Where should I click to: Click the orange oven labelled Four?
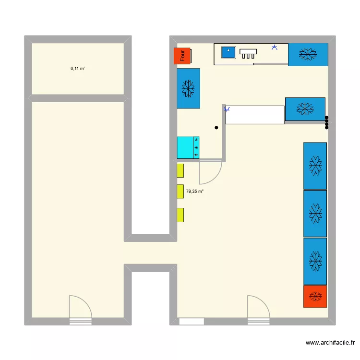click(x=182, y=56)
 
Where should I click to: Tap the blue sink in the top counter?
click(x=228, y=52)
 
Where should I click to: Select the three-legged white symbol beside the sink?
click(x=248, y=53)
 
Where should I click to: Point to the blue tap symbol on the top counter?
click(x=274, y=47)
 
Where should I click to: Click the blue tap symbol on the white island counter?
click(x=227, y=109)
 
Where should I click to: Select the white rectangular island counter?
click(x=255, y=115)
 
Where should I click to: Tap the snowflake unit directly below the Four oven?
click(x=188, y=88)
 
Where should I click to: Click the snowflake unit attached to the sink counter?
click(x=308, y=54)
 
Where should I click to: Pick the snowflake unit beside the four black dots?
click(x=305, y=109)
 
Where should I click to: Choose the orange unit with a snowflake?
click(x=315, y=296)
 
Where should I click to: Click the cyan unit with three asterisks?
click(x=188, y=147)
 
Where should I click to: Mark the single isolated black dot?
click(x=216, y=128)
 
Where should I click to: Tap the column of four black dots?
click(x=327, y=122)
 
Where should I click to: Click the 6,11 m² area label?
click(x=78, y=69)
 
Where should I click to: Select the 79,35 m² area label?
click(x=194, y=192)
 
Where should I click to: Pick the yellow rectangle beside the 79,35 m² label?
click(x=180, y=192)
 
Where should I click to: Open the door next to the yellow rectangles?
click(x=210, y=173)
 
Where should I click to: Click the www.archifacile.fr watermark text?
click(x=330, y=343)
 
